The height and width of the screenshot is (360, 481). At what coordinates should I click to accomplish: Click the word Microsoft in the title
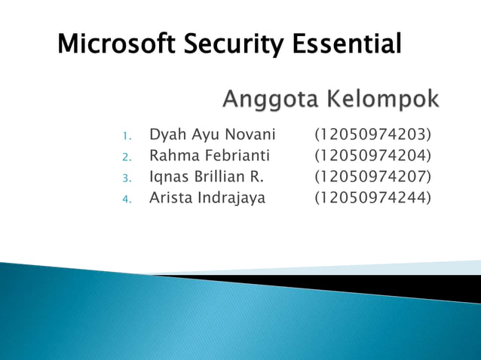115,44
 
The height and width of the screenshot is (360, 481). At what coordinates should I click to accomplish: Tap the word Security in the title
230,44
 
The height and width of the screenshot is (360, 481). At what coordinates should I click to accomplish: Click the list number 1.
127,137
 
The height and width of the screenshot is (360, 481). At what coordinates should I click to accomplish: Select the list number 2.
127,158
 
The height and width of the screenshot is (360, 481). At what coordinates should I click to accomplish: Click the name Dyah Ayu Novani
213,136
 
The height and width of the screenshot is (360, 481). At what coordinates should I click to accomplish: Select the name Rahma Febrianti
209,157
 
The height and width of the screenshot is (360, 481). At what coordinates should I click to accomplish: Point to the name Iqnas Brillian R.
207,178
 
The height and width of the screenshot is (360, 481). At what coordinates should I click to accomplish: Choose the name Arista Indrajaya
207,199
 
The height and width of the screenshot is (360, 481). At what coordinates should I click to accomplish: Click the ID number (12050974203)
373,136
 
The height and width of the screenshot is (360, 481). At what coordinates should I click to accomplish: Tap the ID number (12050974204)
373,157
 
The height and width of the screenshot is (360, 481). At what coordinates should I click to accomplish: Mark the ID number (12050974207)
373,178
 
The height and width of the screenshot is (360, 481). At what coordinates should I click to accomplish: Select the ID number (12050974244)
373,199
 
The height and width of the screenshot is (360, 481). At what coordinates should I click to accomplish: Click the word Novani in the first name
251,136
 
